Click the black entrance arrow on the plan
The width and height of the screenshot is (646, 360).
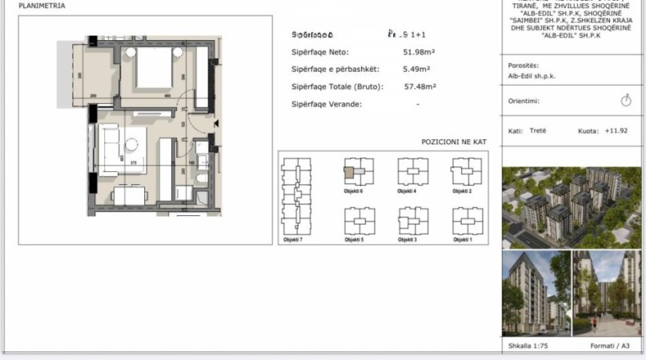pos(216,122)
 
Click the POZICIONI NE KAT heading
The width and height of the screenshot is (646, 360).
pos(454,142)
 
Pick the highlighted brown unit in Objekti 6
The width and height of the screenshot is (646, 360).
pos(350,169)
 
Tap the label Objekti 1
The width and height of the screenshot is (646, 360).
pos(462,240)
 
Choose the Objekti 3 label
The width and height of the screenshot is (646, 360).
pos(407,240)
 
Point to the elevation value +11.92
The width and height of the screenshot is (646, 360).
pos(616,130)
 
